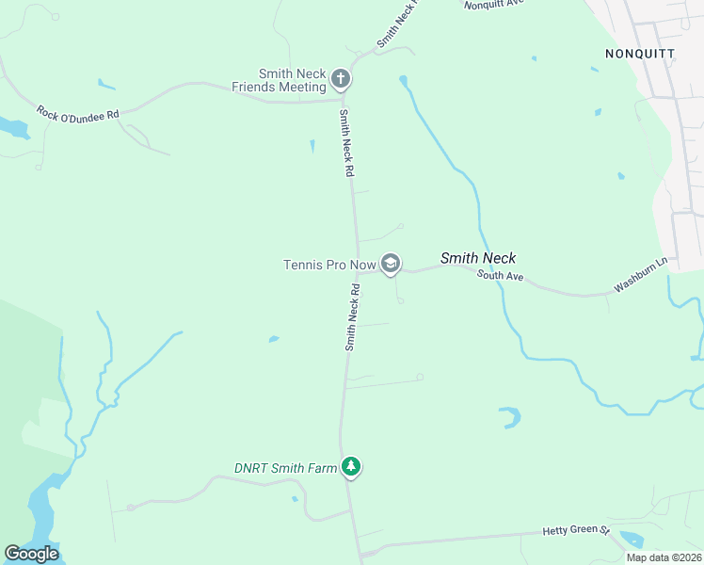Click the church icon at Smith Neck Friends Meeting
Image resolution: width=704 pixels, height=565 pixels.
(x=341, y=80)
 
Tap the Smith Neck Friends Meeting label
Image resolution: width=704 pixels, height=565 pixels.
(x=280, y=80)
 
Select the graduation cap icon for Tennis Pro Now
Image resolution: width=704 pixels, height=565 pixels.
(x=391, y=265)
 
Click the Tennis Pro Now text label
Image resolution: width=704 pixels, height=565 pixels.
(x=329, y=265)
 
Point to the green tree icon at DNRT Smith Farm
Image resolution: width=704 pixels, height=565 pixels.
(x=351, y=466)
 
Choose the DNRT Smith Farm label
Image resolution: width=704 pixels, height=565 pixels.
(x=285, y=468)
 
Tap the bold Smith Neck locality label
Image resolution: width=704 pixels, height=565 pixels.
(x=478, y=258)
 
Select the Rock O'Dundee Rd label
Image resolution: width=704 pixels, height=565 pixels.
(x=78, y=114)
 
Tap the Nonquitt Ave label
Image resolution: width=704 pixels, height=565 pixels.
(x=493, y=4)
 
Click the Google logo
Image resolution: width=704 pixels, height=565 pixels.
(x=31, y=554)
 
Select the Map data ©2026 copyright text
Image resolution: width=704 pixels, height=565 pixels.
(x=664, y=557)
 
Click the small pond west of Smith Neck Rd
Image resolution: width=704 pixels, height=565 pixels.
(x=273, y=339)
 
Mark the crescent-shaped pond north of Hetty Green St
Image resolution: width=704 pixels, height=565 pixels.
(x=510, y=416)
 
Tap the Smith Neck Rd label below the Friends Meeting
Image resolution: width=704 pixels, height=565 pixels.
(x=345, y=143)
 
